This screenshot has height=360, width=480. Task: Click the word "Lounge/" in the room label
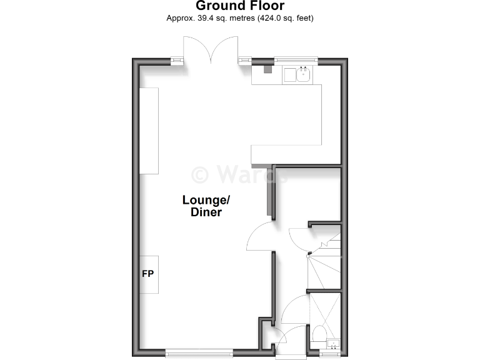click(x=206, y=200)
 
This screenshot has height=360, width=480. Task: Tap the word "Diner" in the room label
click(x=206, y=212)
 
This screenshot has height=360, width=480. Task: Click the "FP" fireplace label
click(x=148, y=274)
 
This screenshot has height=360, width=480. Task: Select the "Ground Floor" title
click(x=240, y=6)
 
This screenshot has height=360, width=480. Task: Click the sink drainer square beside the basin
click(x=290, y=76)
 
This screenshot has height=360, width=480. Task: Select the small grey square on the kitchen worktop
click(x=268, y=69)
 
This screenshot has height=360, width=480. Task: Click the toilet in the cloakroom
click(x=318, y=334)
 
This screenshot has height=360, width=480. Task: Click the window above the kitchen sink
click(x=296, y=61)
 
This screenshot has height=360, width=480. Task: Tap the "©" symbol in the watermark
click(x=200, y=173)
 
